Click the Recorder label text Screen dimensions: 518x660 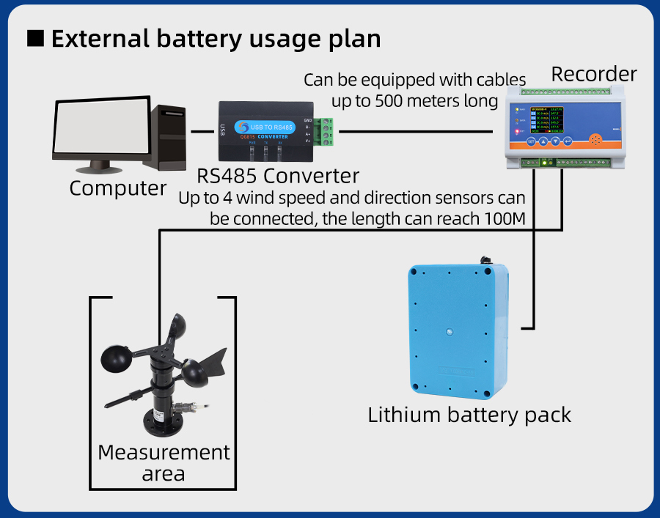pos(594,74)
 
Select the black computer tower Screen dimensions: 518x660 pos(171,136)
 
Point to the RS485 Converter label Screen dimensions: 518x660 pos(278,176)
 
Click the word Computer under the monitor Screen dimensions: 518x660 pos(118,188)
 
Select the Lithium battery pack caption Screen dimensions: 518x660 pos(469,415)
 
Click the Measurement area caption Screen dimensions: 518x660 pos(164,462)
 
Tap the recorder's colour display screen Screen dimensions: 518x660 pos(540,120)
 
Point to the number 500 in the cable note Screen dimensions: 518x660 pos(390,100)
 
